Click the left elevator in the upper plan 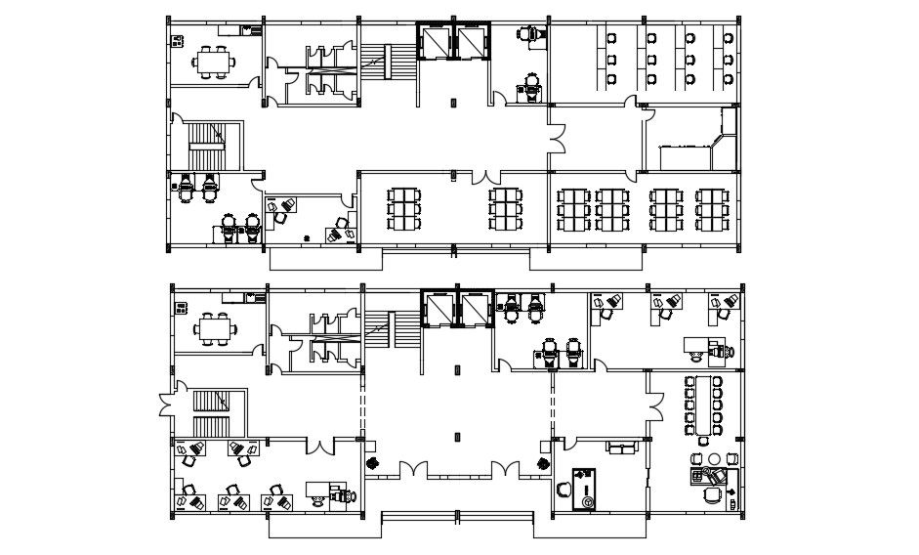click(435, 42)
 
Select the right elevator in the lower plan click(475, 309)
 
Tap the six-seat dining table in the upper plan click(214, 61)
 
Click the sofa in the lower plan click(621, 448)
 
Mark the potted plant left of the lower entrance click(371, 462)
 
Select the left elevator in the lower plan click(439, 309)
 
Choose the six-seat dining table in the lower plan click(214, 328)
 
